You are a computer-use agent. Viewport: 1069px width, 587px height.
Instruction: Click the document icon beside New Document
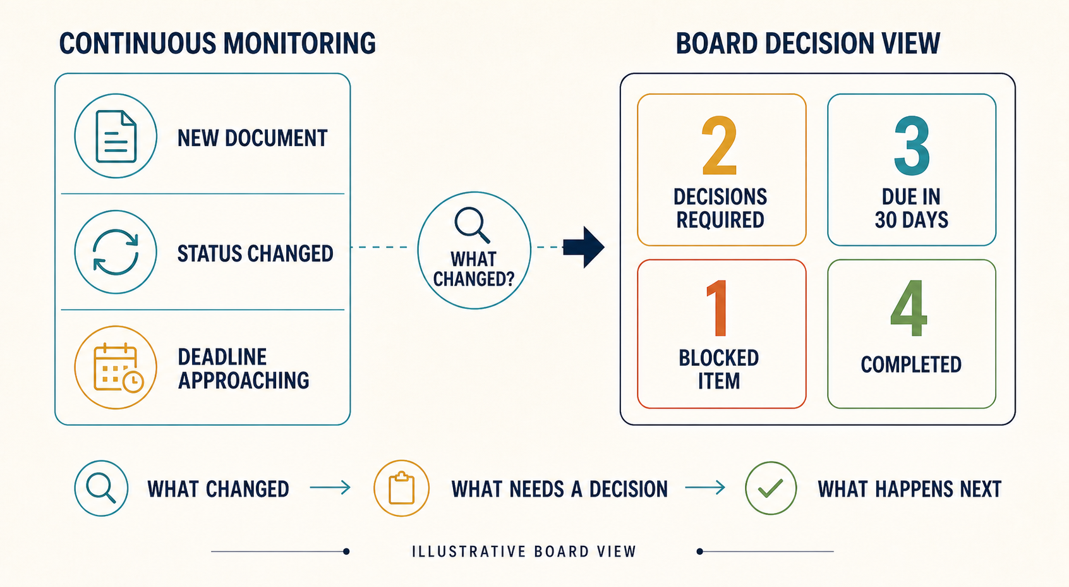pos(116,136)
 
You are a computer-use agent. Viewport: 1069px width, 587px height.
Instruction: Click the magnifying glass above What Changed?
pos(472,225)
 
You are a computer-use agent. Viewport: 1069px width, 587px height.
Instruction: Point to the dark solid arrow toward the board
pos(584,247)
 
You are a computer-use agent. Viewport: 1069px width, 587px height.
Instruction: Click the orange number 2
pos(720,145)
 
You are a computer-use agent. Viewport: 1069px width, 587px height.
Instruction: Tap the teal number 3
pos(912,145)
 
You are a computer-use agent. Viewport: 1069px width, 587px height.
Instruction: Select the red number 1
pos(717,308)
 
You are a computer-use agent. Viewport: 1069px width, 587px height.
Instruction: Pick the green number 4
pos(909,308)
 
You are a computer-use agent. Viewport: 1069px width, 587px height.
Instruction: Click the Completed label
pos(911,365)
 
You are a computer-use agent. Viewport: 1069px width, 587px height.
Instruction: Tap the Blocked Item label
pos(719,370)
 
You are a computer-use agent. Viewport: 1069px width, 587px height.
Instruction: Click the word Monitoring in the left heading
pos(299,44)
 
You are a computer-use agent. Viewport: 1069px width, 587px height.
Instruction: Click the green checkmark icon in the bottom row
pos(770,488)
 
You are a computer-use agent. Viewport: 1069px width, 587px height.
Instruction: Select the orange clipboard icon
pos(401,488)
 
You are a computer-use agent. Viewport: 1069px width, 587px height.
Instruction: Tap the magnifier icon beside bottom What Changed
pos(101,488)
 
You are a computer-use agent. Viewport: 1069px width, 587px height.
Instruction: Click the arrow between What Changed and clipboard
pos(330,488)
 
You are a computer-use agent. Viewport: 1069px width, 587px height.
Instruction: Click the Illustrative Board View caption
pos(524,552)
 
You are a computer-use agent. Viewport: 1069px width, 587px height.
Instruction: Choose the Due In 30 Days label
pos(912,208)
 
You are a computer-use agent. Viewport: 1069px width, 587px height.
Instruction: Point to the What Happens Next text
pos(910,489)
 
